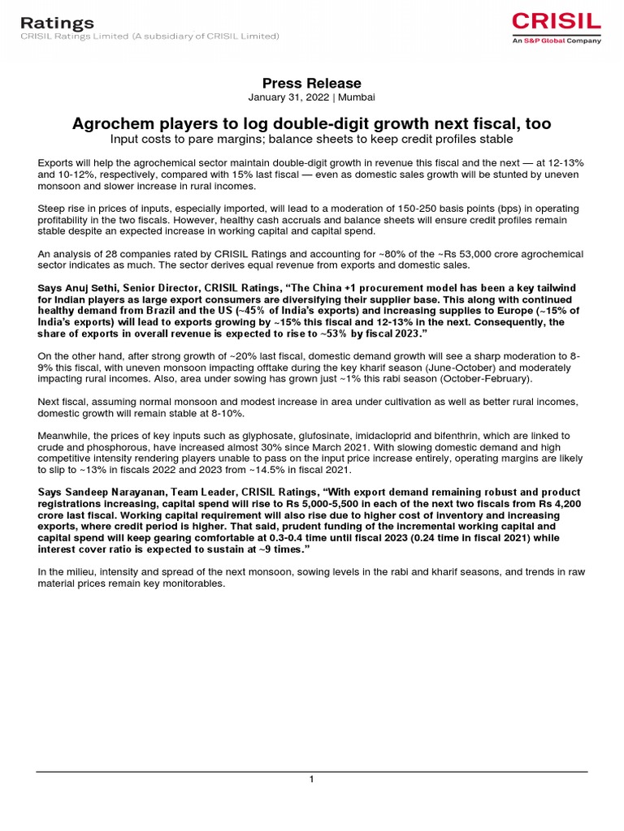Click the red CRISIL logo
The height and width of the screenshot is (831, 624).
(x=557, y=22)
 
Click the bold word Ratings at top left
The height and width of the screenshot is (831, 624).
(x=57, y=23)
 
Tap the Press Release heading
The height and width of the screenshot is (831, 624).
(x=311, y=84)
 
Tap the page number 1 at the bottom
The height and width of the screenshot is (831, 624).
(x=311, y=780)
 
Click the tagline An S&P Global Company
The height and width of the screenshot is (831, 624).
(x=557, y=41)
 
